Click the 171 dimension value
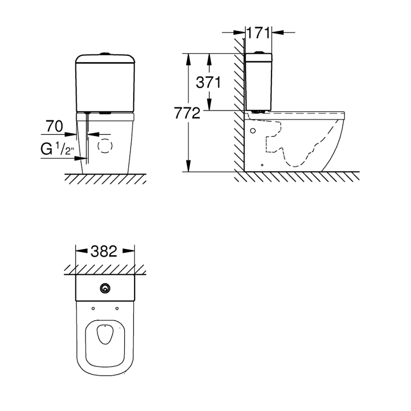pos(258,33)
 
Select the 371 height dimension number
pos(208,82)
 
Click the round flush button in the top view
pos(105,288)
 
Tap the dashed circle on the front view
pos(105,145)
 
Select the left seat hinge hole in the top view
pos(93,308)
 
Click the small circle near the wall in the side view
pos(252,131)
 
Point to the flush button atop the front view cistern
pos(105,53)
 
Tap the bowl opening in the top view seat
pos(105,336)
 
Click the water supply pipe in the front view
pos(87,137)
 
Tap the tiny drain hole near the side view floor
pos(262,165)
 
